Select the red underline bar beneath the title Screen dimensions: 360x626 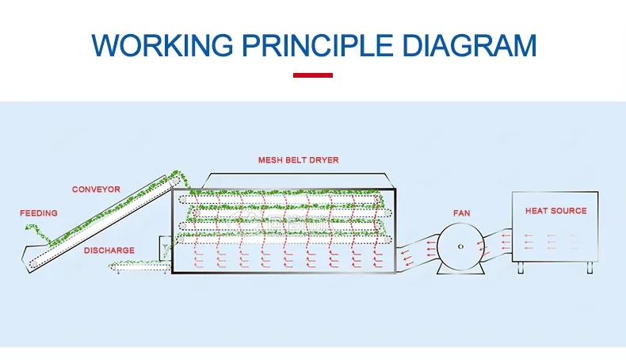click(x=313, y=75)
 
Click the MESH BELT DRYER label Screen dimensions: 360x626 click(x=298, y=160)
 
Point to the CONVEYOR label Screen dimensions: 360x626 click(x=96, y=190)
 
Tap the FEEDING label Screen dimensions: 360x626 click(x=39, y=213)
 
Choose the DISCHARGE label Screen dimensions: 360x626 click(x=109, y=251)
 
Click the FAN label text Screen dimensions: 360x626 click(x=461, y=213)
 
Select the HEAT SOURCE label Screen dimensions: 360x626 click(x=555, y=211)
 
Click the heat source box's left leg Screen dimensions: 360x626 click(x=521, y=268)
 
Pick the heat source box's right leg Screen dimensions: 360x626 click(x=589, y=268)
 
